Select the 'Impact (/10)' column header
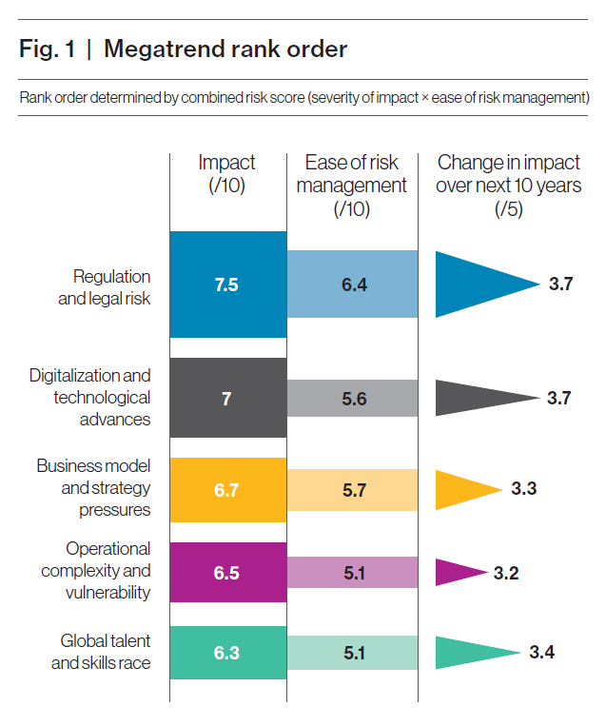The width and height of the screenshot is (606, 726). click(x=226, y=174)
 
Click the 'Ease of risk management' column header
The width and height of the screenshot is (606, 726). click(x=351, y=186)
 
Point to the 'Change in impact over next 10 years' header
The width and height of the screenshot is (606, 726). click(x=508, y=186)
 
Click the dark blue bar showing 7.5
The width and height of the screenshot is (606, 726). click(x=227, y=285)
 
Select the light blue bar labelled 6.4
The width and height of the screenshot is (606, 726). click(x=352, y=285)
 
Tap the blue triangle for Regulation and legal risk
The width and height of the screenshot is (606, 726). click(x=476, y=285)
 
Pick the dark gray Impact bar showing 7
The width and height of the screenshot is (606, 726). click(x=227, y=398)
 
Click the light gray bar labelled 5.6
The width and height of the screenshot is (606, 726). click(x=352, y=398)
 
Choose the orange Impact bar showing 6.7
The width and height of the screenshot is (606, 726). click(x=227, y=490)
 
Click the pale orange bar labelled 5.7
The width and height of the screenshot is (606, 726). click(x=352, y=490)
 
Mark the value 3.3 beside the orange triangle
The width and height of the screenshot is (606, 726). click(x=524, y=490)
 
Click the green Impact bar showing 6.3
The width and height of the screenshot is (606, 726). click(x=227, y=653)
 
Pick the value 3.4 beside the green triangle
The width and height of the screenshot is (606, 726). click(x=541, y=653)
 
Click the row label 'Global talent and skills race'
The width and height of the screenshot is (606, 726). click(x=101, y=653)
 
